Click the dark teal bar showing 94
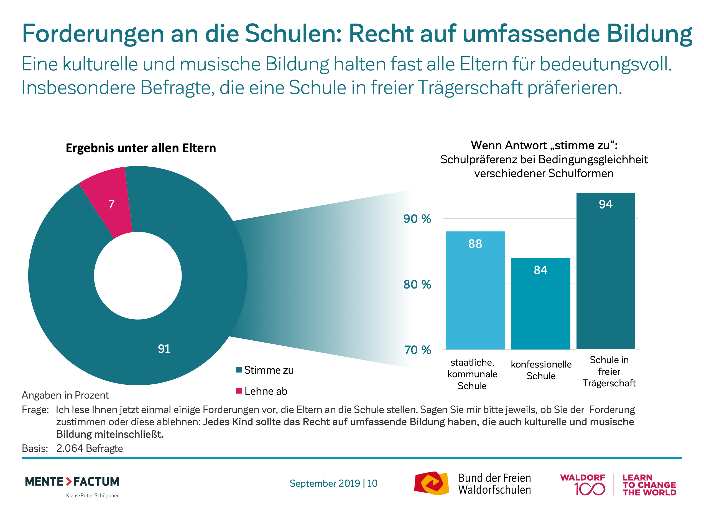coord(605,271)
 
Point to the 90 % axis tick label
coord(417,219)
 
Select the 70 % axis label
coord(418,350)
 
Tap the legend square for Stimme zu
coord(239,369)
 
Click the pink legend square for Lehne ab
coord(239,391)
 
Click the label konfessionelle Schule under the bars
coord(541,370)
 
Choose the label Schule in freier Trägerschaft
coord(609,371)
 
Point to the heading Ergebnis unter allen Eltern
coord(141,148)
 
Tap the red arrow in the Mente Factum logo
coord(69,481)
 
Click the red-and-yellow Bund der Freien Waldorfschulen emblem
coord(432,483)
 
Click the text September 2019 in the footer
coord(325,483)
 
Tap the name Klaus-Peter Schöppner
coord(92,496)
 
